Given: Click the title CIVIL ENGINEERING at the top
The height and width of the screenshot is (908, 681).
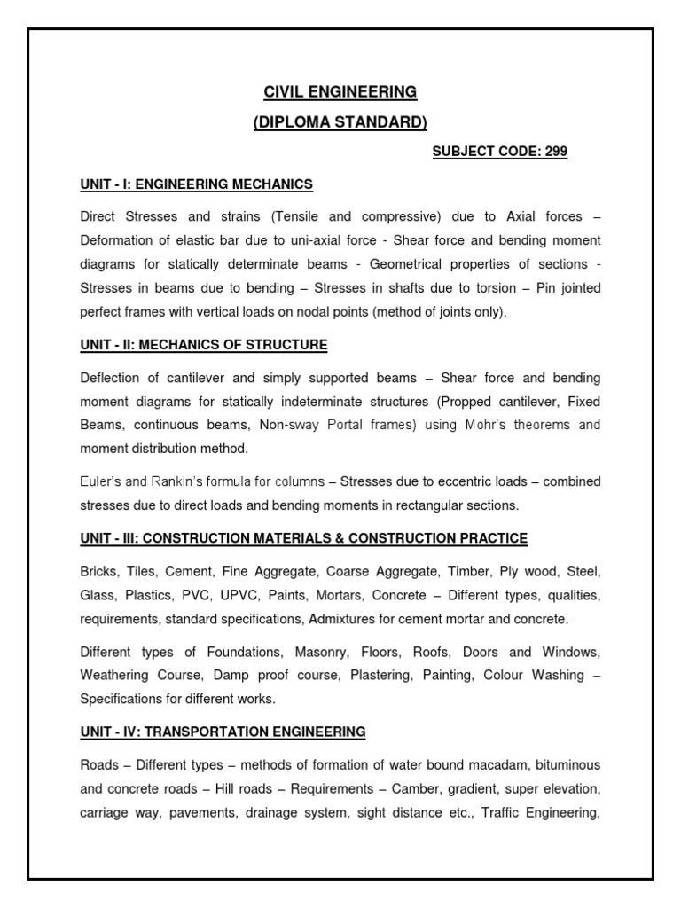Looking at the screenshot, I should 340,91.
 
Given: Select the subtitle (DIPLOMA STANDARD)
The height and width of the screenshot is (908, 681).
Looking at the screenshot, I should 340,121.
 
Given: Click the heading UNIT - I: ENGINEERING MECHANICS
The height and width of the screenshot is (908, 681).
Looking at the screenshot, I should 196,184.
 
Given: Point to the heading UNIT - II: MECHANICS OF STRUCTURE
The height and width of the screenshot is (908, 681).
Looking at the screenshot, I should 203,344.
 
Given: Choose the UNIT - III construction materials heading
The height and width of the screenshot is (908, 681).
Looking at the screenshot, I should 303,538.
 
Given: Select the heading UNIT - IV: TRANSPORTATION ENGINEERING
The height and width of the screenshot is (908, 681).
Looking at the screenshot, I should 223,732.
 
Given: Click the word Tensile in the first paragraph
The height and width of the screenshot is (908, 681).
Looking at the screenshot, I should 302,216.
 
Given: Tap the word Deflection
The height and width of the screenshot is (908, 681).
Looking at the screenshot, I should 111,377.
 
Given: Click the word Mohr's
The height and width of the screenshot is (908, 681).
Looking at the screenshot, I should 489,425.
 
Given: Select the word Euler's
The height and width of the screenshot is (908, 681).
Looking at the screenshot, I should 99,481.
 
